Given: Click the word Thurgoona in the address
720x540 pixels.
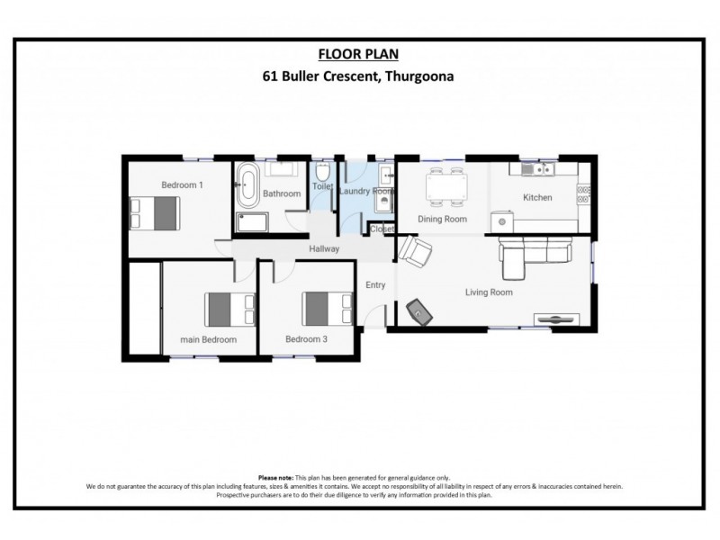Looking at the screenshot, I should click(419, 76).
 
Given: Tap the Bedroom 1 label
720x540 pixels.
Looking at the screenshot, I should click(182, 185).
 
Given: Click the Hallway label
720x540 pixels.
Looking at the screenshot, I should click(323, 249).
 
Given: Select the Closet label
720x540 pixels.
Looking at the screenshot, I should click(382, 229).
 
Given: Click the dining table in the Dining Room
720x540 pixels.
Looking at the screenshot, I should click(445, 187).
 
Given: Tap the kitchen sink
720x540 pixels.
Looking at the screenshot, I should click(541, 168).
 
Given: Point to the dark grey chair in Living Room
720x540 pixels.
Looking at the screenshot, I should click(420, 311).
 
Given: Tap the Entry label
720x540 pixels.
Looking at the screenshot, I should click(375, 285).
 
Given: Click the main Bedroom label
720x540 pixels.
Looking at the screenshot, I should click(208, 339).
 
